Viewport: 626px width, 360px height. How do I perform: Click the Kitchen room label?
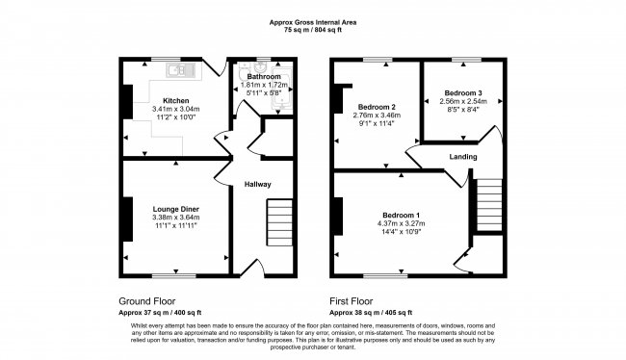pos(175,101)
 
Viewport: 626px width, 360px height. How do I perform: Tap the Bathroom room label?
pos(263,76)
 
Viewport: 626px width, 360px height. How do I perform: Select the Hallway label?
pos(257,185)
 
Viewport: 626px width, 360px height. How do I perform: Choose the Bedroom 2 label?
pos(378,106)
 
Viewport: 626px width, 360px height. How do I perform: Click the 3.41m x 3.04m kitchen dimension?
pos(175,110)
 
